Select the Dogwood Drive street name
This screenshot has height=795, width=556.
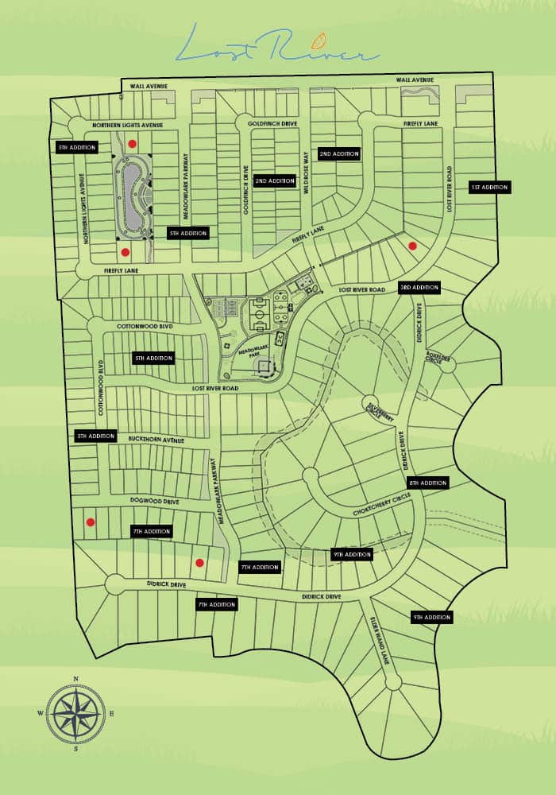click(x=155, y=502)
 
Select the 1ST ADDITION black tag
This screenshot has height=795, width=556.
click(x=489, y=188)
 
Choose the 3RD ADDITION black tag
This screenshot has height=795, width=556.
click(x=419, y=287)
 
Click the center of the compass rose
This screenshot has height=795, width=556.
click(x=75, y=713)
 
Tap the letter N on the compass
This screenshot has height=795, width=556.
click(x=75, y=679)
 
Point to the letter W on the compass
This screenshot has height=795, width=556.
click(x=41, y=713)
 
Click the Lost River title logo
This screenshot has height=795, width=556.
click(x=277, y=46)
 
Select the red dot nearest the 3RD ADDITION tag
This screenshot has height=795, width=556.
click(x=412, y=246)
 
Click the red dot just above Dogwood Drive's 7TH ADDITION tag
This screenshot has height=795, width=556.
click(x=91, y=522)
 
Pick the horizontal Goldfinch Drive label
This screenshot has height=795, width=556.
click(x=272, y=125)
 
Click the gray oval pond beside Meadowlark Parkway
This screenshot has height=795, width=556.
click(x=130, y=195)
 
